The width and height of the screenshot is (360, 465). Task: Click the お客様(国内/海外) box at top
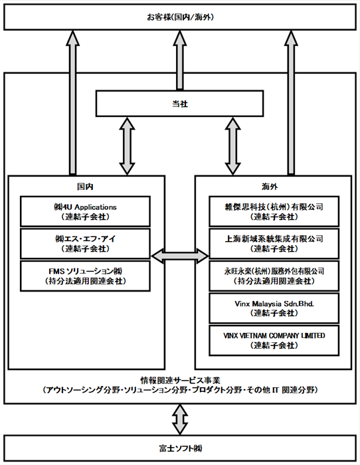[180, 17]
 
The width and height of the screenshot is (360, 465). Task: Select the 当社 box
[179, 104]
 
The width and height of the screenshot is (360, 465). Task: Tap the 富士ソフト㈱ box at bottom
[180, 448]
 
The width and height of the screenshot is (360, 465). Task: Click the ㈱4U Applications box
[85, 211]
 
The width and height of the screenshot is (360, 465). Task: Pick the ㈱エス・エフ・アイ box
[85, 244]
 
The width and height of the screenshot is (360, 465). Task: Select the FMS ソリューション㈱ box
[85, 276]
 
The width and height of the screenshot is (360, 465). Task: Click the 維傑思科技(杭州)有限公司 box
[274, 211]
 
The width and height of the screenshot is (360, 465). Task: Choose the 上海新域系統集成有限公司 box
[274, 244]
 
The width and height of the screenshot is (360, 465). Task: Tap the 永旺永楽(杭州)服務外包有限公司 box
[274, 276]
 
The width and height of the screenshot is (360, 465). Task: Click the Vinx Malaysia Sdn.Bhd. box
[274, 308]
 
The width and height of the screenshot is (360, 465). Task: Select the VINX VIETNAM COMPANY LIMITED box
[274, 340]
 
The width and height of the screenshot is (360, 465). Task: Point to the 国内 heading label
[85, 187]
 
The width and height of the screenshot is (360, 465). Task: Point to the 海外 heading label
[270, 187]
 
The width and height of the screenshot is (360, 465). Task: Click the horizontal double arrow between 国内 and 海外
[180, 256]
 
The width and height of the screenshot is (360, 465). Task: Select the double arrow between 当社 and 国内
[127, 146]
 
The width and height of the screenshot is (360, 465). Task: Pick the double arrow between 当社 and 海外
[232, 146]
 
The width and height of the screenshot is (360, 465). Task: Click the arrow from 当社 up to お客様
[180, 60]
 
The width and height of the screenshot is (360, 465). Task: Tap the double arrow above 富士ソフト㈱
[180, 419]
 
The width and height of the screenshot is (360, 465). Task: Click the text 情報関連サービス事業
[180, 380]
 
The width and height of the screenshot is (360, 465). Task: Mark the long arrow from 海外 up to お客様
[291, 102]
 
